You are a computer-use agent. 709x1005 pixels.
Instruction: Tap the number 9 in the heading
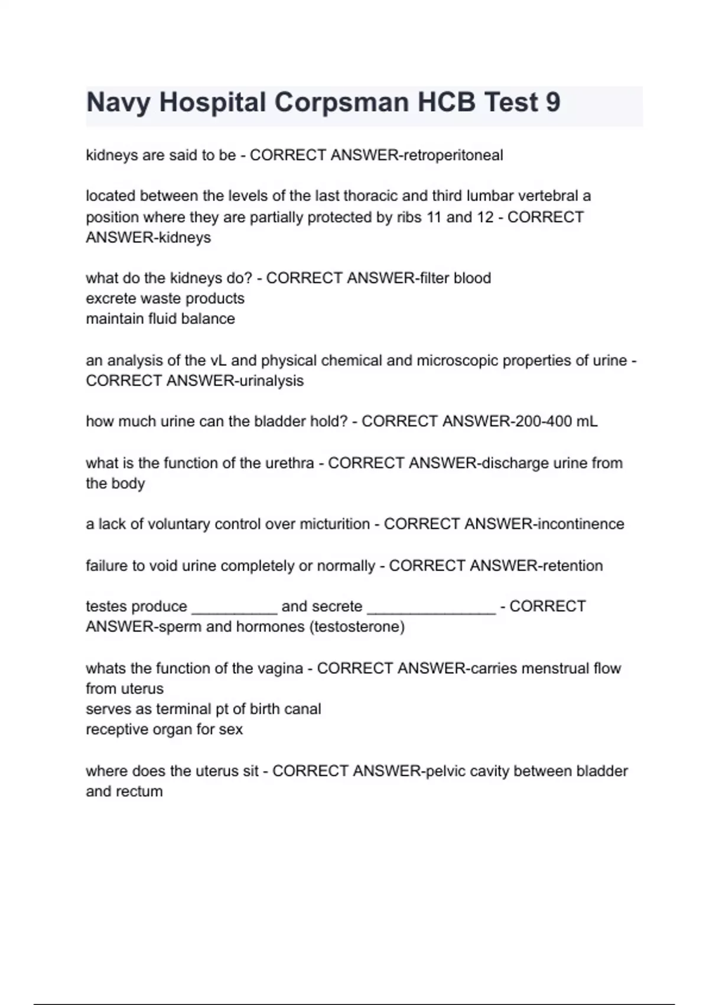[553, 102]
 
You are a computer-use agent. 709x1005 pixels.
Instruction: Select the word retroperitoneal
[453, 155]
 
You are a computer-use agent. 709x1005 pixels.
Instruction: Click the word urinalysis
[271, 381]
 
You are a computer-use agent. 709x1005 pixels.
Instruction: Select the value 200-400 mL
[556, 422]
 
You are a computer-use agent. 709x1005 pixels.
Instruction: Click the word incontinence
[580, 524]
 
